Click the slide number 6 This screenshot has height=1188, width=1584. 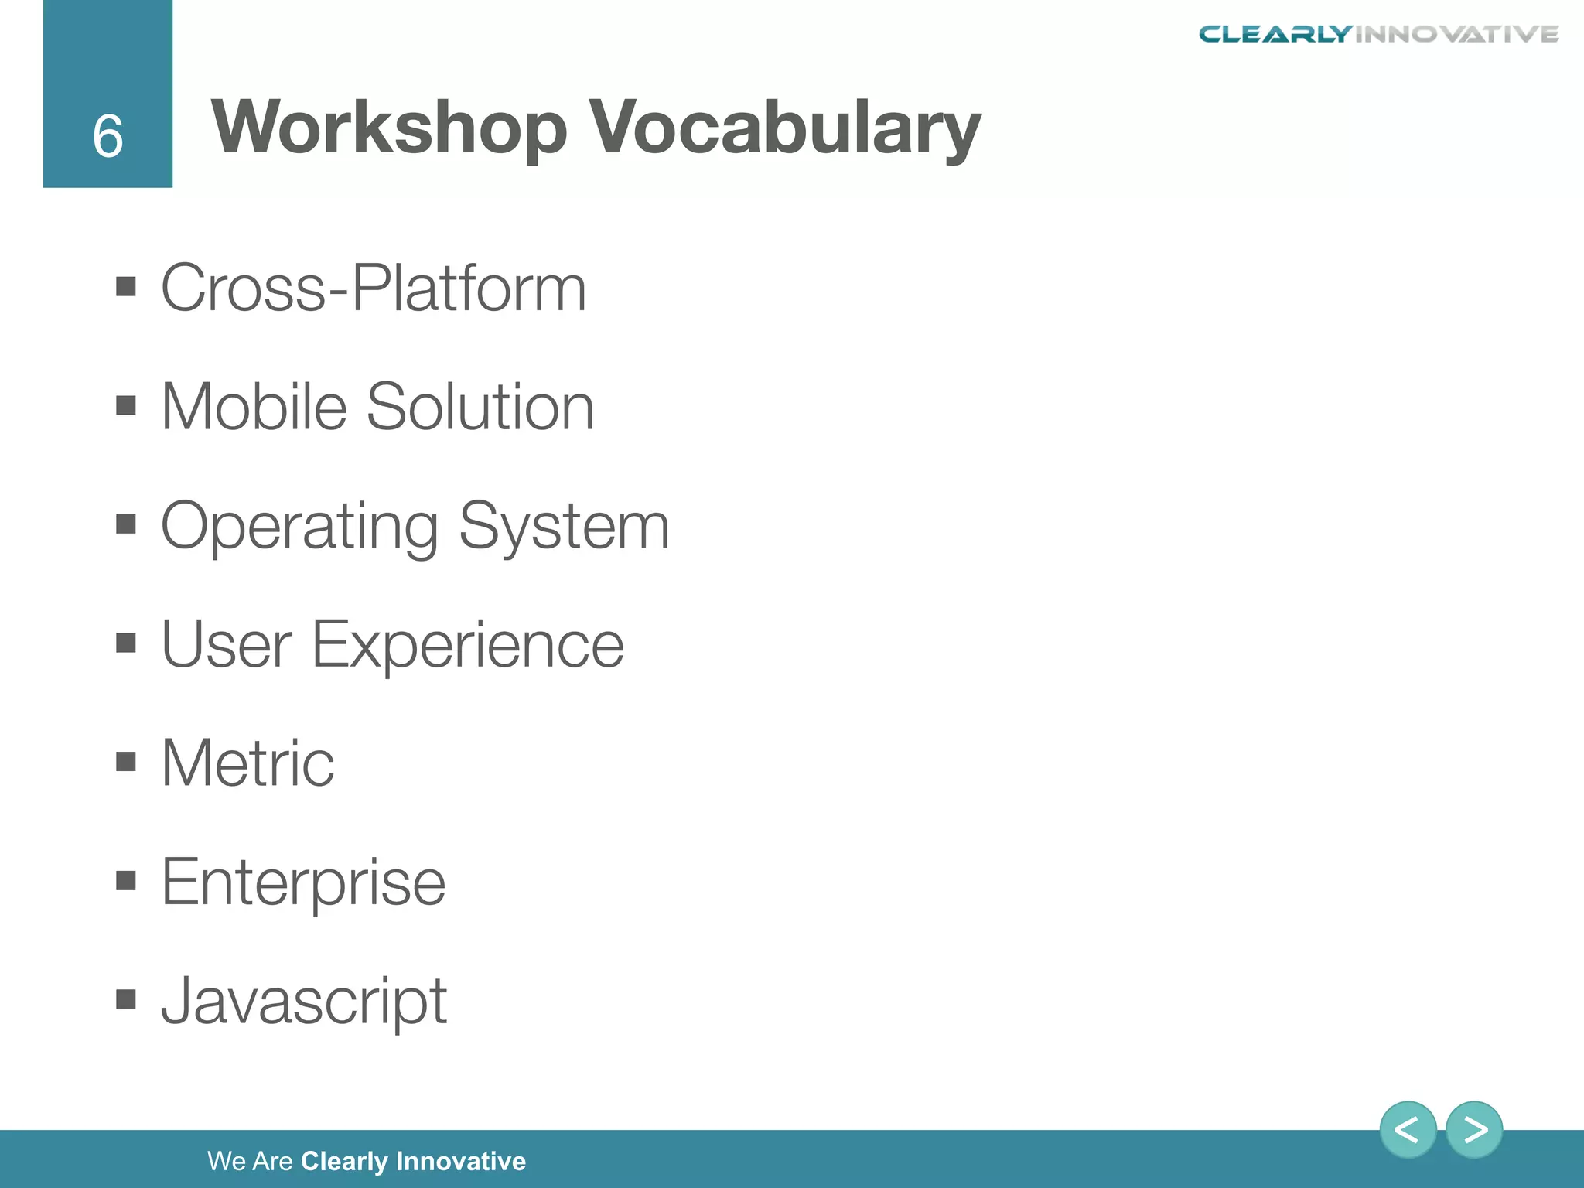[x=108, y=136]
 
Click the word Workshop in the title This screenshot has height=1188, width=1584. [x=389, y=128]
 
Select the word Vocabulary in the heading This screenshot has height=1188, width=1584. [x=785, y=128]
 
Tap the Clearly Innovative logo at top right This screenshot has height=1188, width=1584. [x=1378, y=34]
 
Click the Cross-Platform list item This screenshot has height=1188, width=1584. [x=374, y=288]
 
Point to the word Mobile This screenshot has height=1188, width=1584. [x=254, y=407]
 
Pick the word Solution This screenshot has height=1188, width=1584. [x=480, y=407]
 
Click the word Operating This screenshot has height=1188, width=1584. [x=299, y=527]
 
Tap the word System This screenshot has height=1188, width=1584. [x=564, y=526]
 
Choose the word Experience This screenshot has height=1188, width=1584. [x=467, y=646]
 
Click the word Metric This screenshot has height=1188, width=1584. [x=247, y=763]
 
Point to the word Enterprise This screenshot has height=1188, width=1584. [x=303, y=883]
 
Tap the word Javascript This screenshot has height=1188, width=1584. [x=304, y=1002]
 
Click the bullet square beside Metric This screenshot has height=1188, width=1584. [x=126, y=763]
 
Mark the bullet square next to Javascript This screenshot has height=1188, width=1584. [x=126, y=1000]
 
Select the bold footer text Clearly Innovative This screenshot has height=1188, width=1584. [x=413, y=1161]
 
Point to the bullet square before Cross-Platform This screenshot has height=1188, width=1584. [x=126, y=287]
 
